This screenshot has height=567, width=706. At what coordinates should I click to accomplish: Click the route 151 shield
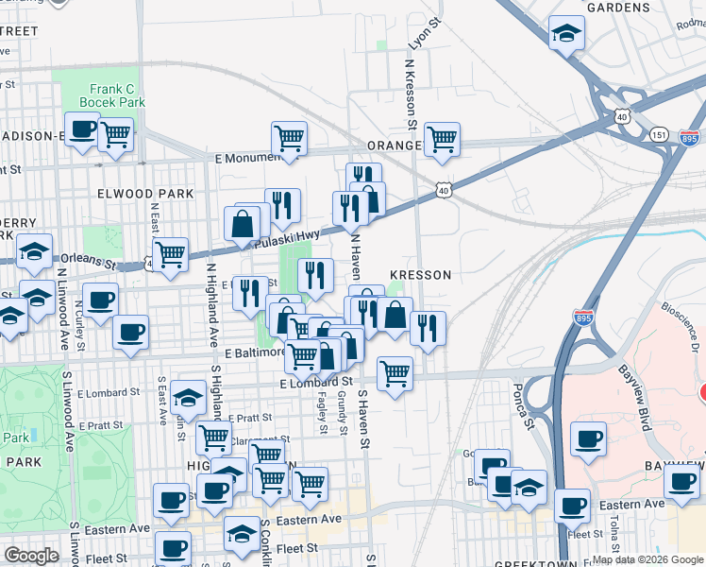tap(658, 134)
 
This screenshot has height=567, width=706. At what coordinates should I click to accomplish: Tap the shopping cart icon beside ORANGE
tap(442, 139)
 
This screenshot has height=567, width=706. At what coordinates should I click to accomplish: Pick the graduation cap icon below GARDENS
tap(566, 35)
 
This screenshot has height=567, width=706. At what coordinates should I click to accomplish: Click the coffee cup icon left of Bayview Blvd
tap(588, 438)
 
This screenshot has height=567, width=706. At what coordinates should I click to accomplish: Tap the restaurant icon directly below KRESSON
tap(428, 328)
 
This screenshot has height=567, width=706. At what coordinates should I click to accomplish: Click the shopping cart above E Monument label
tap(289, 138)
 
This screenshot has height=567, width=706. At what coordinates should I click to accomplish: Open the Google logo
tap(32, 556)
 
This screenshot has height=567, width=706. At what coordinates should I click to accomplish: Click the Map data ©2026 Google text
tap(647, 558)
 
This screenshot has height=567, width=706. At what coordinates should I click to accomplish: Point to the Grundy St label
tap(341, 415)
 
